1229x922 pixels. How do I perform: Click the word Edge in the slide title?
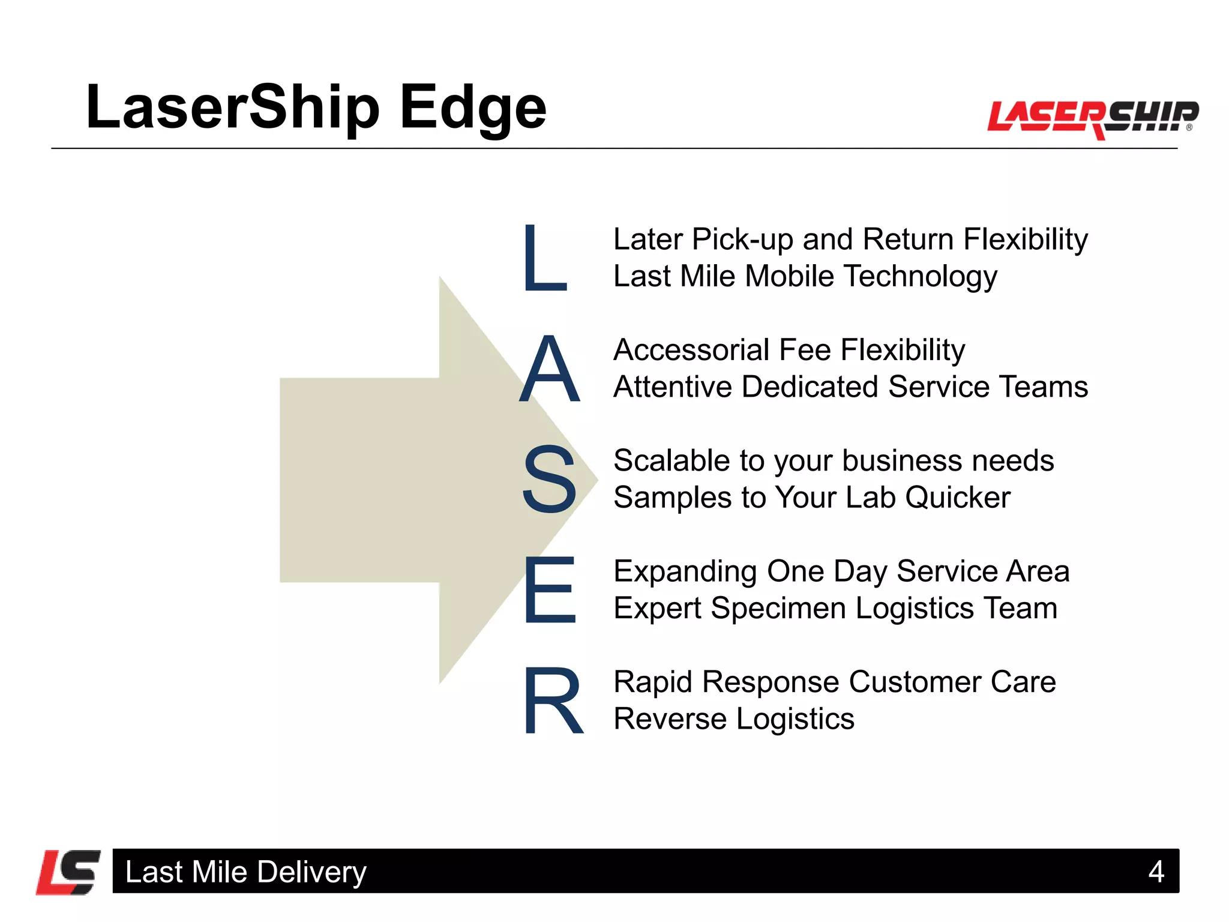tap(473, 108)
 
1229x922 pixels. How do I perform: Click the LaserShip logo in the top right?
tap(1092, 117)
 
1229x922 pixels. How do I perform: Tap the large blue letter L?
tap(544, 258)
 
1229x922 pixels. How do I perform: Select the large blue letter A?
tap(550, 369)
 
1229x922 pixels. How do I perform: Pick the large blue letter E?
tap(550, 589)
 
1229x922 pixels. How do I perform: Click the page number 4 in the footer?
tap(1156, 872)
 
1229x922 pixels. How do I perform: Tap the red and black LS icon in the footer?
tap(68, 872)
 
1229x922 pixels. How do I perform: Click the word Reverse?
tap(670, 719)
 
